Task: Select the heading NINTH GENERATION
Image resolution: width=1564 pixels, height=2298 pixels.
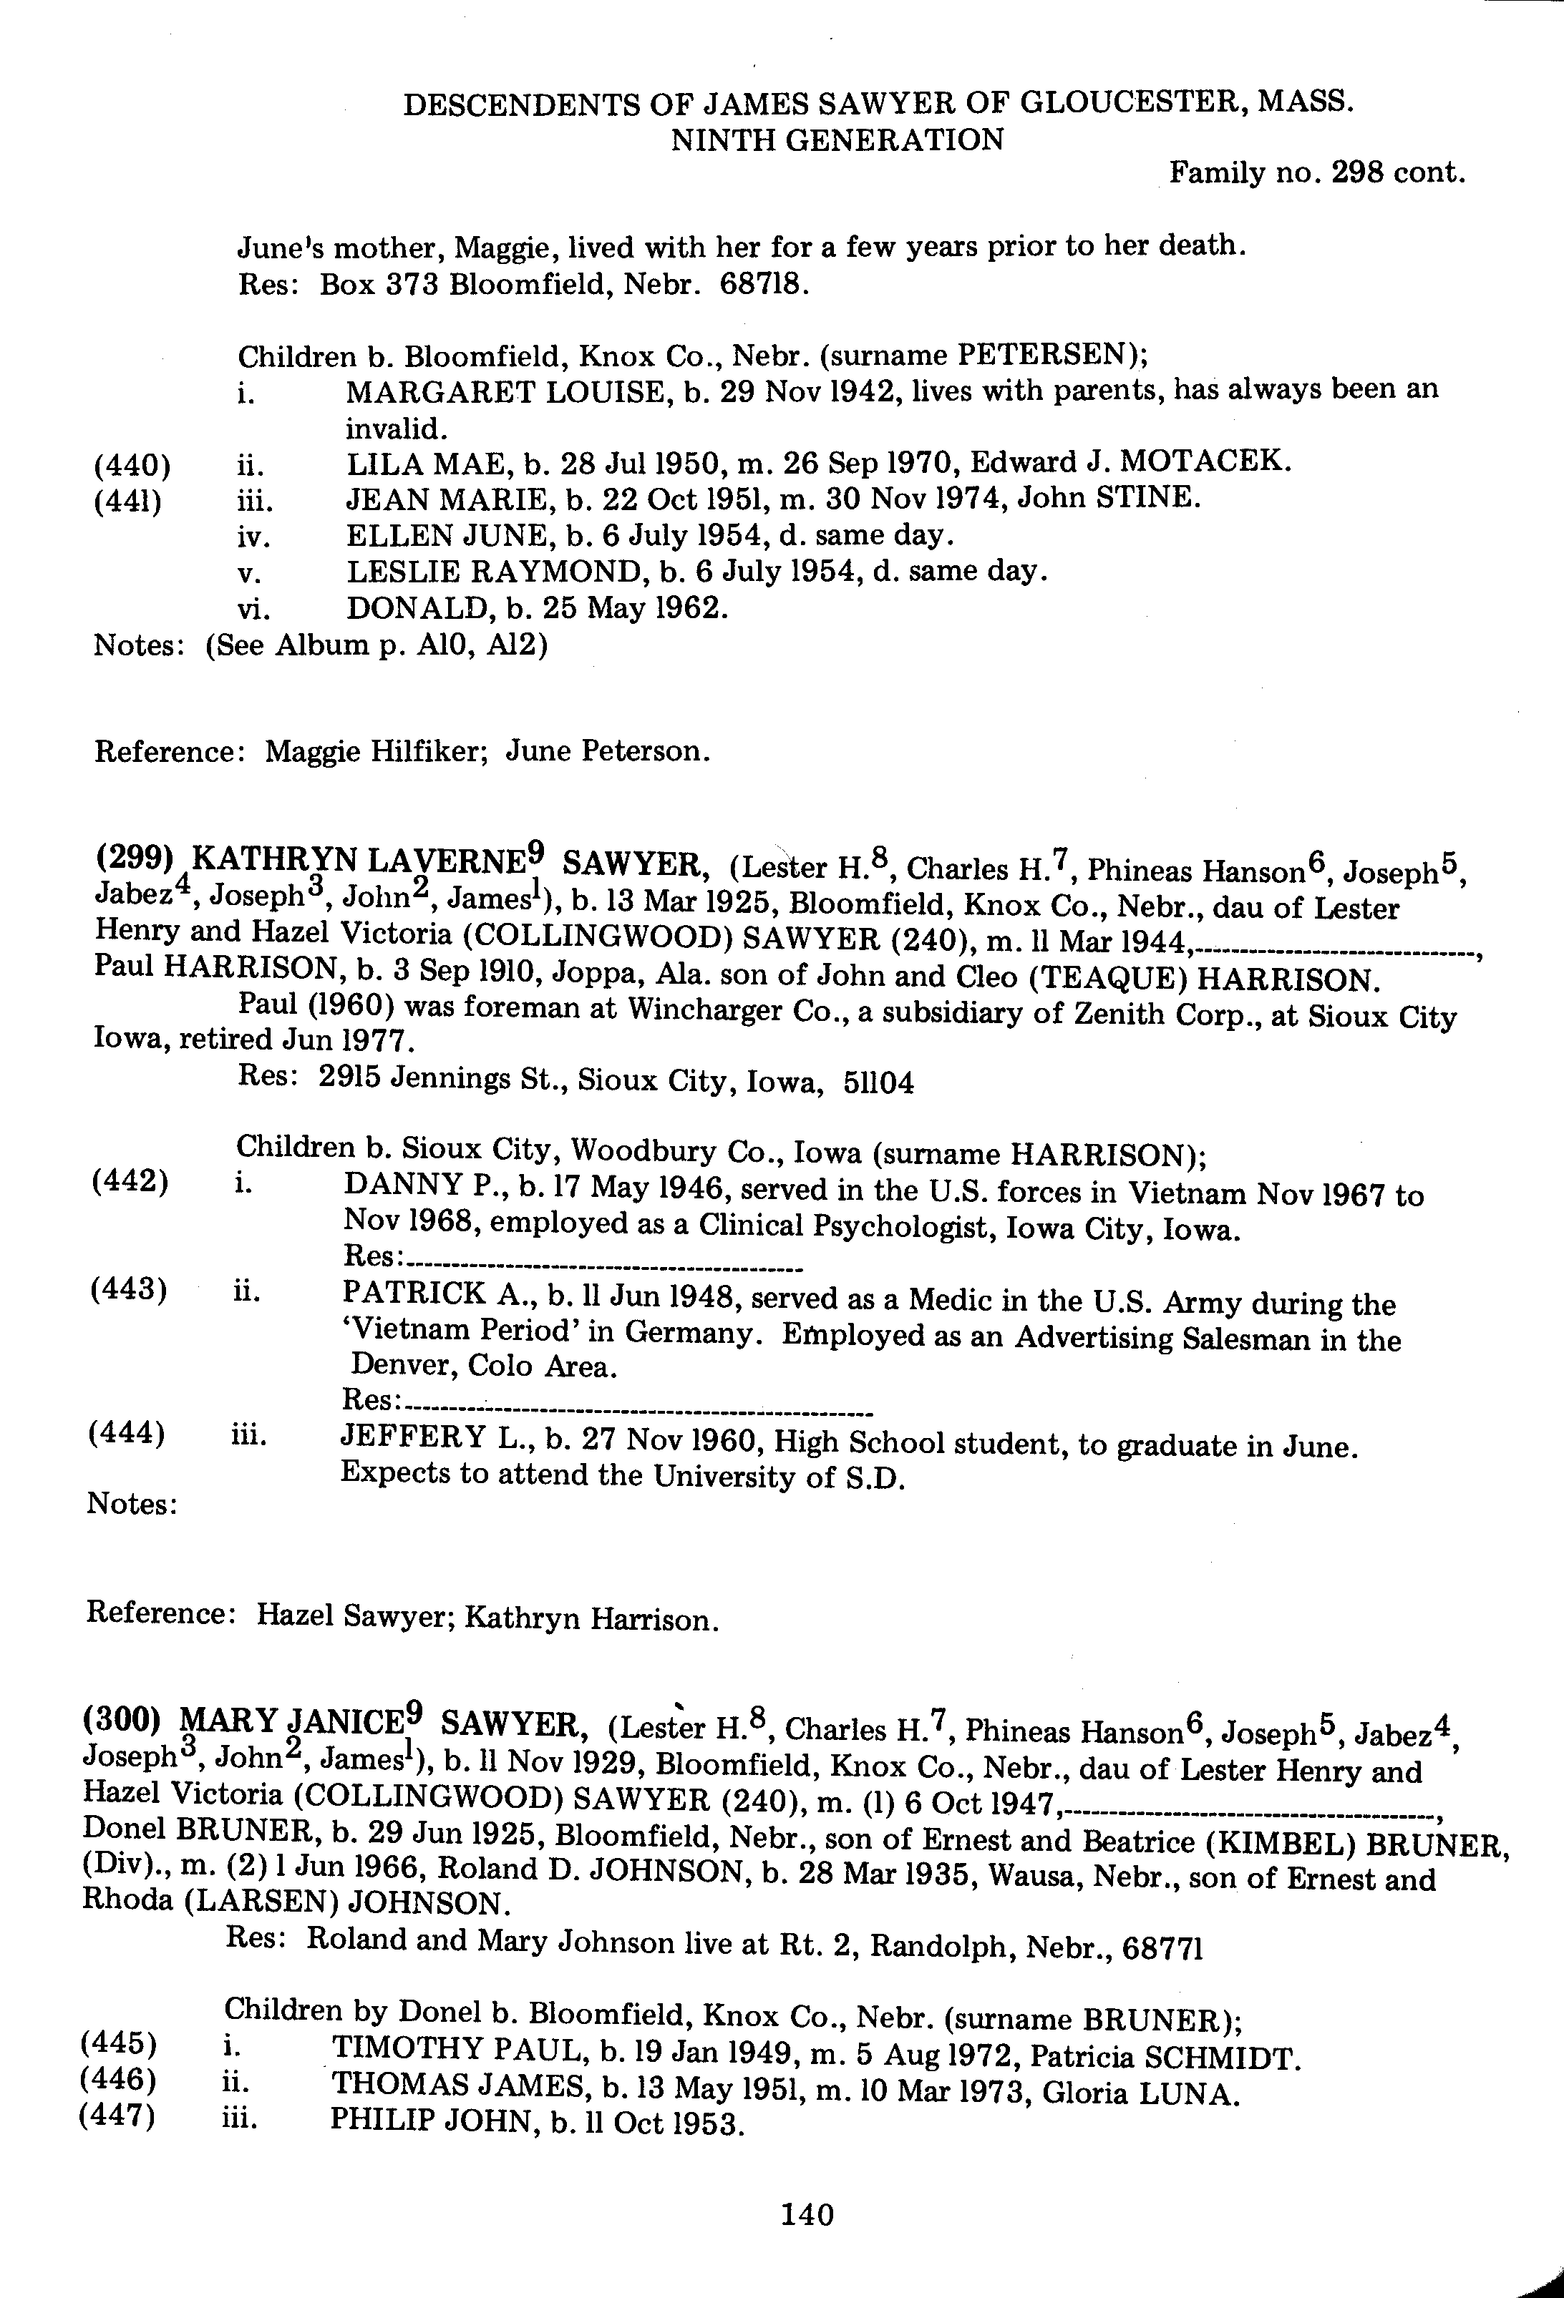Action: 837,140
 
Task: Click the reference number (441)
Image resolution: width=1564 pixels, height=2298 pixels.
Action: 129,500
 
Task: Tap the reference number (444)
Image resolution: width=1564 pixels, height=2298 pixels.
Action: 126,1434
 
